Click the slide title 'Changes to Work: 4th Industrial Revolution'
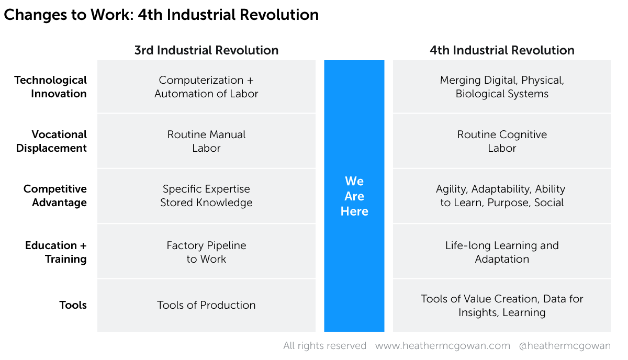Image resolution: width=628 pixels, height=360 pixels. pos(161,15)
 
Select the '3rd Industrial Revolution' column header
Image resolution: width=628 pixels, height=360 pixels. pos(206,50)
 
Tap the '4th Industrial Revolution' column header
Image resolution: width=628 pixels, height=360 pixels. pos(502,50)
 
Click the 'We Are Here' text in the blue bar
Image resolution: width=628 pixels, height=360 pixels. pos(354,196)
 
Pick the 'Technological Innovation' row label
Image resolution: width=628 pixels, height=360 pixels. pos(50,87)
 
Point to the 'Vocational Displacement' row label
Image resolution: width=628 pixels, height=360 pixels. pos(51,141)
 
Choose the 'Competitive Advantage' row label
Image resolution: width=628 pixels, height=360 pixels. pos(55,196)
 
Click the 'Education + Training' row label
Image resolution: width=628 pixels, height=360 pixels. pos(56,252)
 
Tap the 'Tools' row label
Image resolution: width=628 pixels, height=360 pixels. pos(73,305)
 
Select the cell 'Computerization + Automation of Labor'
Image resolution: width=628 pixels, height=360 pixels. pos(206,87)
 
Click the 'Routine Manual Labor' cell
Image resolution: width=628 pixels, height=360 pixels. pos(206,141)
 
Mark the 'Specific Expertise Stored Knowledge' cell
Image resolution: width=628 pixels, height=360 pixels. pos(206,196)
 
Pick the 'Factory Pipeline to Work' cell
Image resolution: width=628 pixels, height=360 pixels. pos(206,252)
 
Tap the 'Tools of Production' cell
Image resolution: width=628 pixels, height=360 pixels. pos(206,305)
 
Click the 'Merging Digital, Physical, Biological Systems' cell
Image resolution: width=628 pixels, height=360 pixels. pos(502,87)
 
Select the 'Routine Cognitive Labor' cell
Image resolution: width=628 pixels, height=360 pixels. pos(502,141)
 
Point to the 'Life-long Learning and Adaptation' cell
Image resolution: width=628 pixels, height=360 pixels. pos(502,252)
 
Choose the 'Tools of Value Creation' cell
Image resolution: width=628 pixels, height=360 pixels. pos(502,306)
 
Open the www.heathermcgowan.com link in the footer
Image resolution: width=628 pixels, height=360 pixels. pos(443,346)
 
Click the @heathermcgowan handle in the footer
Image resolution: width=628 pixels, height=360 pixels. pos(565,346)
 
